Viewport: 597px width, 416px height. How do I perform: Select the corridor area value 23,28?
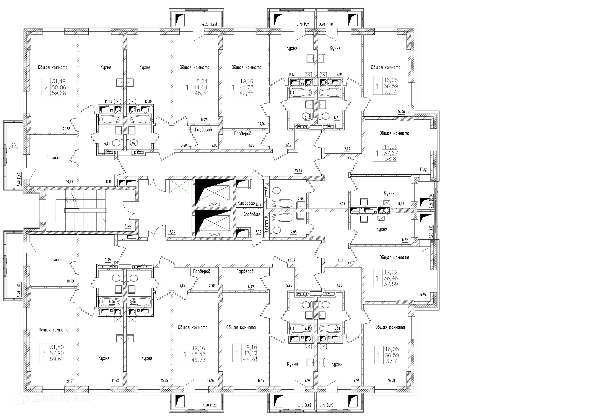[x=298, y=171]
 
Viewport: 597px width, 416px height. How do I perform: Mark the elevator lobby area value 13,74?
[x=172, y=232]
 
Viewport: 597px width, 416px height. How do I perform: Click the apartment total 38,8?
[x=390, y=159]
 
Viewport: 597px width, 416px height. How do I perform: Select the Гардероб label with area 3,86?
[x=243, y=134]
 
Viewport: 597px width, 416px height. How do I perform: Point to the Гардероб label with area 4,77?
[x=245, y=271]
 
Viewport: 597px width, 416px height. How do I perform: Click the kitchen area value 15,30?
[x=148, y=101]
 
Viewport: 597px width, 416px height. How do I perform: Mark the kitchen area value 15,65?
[x=164, y=381]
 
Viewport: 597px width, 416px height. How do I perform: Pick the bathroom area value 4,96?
[x=300, y=199]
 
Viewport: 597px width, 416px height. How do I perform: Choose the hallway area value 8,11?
[x=108, y=182]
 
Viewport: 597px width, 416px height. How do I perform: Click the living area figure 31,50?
[x=57, y=347]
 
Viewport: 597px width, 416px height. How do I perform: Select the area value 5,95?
[x=289, y=285]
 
